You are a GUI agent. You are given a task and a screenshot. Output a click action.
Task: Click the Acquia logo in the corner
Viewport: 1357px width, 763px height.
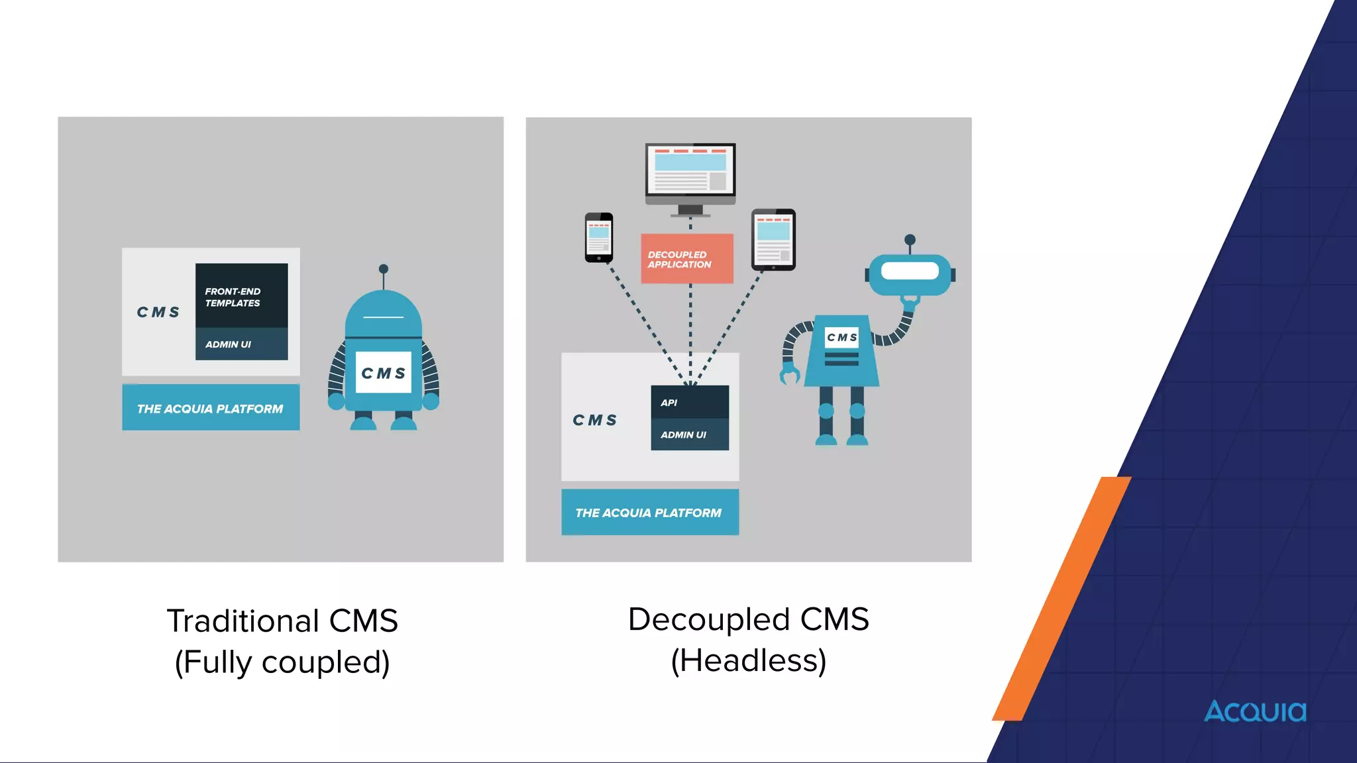[x=1255, y=711]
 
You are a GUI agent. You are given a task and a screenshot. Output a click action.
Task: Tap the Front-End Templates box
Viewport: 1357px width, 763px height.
[x=241, y=295]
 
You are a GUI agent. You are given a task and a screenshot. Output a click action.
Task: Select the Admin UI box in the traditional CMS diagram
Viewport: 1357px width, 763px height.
[x=241, y=344]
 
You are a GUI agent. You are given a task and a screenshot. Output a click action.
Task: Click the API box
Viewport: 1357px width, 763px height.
[x=689, y=402]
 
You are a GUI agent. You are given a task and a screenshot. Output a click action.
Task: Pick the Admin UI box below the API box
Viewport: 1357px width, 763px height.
[x=689, y=434]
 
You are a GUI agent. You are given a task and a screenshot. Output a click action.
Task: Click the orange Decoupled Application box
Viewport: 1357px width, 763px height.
[x=686, y=259]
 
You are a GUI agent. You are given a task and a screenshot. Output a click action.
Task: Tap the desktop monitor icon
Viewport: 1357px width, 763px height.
[x=690, y=175]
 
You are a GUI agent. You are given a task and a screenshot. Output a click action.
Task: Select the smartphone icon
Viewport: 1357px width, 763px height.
[x=599, y=237]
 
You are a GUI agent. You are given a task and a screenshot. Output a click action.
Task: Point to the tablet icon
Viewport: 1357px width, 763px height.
[x=773, y=239]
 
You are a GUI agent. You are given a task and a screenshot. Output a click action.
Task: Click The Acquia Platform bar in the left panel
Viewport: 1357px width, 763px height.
[x=211, y=408]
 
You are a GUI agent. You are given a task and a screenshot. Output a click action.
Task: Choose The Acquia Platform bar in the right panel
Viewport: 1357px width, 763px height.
[x=649, y=512]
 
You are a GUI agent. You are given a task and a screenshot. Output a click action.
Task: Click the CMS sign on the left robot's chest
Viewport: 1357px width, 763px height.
[x=384, y=373]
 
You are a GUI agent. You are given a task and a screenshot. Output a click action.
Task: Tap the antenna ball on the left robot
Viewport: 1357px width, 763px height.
[x=384, y=269]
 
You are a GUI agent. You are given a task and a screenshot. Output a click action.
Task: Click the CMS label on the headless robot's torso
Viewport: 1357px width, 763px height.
[x=841, y=337]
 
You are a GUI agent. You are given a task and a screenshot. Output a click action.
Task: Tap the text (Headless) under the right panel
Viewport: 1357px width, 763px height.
[x=749, y=660]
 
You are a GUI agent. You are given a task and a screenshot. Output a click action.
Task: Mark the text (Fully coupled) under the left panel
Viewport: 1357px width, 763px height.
[x=282, y=662]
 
